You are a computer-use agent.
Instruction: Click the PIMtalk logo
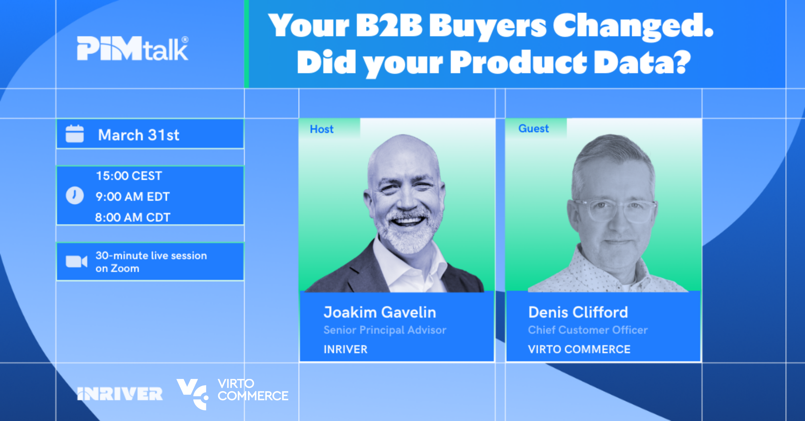click(x=132, y=48)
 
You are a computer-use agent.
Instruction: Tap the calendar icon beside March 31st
click(x=74, y=134)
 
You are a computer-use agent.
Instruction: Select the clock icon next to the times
click(x=74, y=195)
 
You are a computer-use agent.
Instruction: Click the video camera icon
click(x=76, y=262)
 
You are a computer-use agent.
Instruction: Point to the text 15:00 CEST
click(x=129, y=176)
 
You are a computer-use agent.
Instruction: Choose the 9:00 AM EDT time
click(x=132, y=197)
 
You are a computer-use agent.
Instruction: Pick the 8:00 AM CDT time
click(x=132, y=218)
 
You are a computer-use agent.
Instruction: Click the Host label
click(x=322, y=129)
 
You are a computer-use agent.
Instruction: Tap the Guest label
click(x=534, y=129)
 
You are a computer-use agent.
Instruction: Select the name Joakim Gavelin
click(x=380, y=312)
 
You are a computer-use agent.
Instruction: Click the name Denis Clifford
click(x=578, y=312)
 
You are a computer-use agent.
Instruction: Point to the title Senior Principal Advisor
click(x=385, y=330)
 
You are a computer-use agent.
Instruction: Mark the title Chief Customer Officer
click(x=588, y=330)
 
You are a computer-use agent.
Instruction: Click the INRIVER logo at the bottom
click(x=120, y=394)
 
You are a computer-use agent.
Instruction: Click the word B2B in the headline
click(x=389, y=26)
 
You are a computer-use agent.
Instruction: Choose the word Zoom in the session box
click(x=125, y=269)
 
